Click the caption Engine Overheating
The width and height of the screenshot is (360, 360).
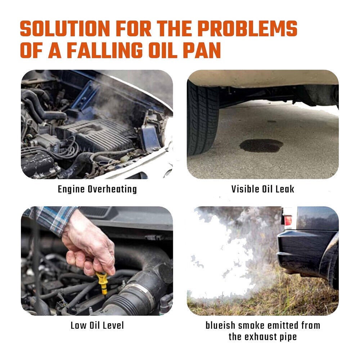pos(97,189)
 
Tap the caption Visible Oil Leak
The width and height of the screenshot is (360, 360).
pos(263,189)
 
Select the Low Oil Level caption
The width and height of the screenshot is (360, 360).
pos(97,325)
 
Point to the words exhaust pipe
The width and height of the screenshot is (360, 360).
pos(270,337)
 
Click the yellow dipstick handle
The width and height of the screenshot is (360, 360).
pos(102,283)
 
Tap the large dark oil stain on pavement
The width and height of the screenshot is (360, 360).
pos(261,146)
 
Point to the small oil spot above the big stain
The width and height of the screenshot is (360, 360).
pos(271,121)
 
